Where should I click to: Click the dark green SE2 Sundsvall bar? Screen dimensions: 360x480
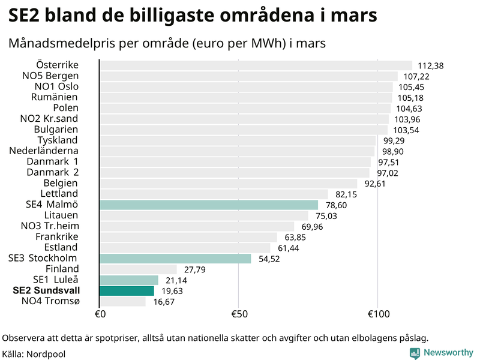127,290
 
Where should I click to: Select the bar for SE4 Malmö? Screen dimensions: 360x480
209,205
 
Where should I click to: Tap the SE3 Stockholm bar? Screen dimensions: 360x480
175,259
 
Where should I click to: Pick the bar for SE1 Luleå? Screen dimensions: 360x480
128,280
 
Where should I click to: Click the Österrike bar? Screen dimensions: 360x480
256,65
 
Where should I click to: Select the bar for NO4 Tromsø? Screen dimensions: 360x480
122,301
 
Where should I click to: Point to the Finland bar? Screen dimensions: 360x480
138,269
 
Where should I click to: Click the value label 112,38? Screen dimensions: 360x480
430,66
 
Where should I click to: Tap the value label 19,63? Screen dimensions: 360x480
173,291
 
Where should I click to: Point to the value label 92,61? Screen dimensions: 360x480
374,184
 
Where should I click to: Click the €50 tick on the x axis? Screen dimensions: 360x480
239,314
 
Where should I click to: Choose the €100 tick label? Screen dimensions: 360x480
378,314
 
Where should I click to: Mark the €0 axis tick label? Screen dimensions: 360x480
100,314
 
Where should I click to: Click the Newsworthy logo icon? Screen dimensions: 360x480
415,353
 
